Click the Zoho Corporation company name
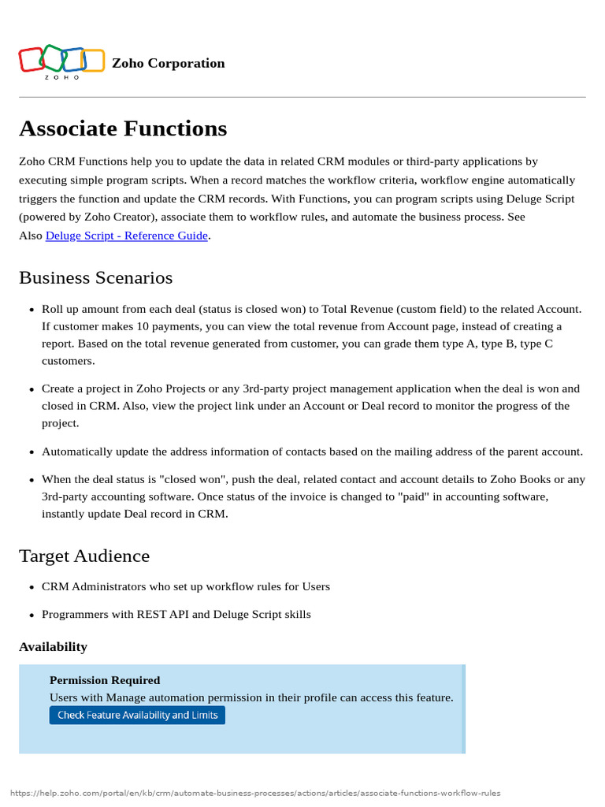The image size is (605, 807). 168,63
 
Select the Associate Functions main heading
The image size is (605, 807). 123,128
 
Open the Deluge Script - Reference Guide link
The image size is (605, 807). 127,235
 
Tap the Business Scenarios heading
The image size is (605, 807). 95,277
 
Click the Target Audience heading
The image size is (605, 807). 84,556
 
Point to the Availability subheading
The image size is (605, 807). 53,646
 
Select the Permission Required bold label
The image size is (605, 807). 105,679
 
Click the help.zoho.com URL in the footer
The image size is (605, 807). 255,793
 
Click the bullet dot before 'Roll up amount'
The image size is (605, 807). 31,310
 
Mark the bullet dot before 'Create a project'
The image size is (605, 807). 31,389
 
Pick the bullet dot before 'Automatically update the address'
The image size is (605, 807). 31,452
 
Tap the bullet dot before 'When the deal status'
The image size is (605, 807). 31,480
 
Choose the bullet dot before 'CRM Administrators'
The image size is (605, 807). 31,587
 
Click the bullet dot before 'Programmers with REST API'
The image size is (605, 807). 31,615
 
